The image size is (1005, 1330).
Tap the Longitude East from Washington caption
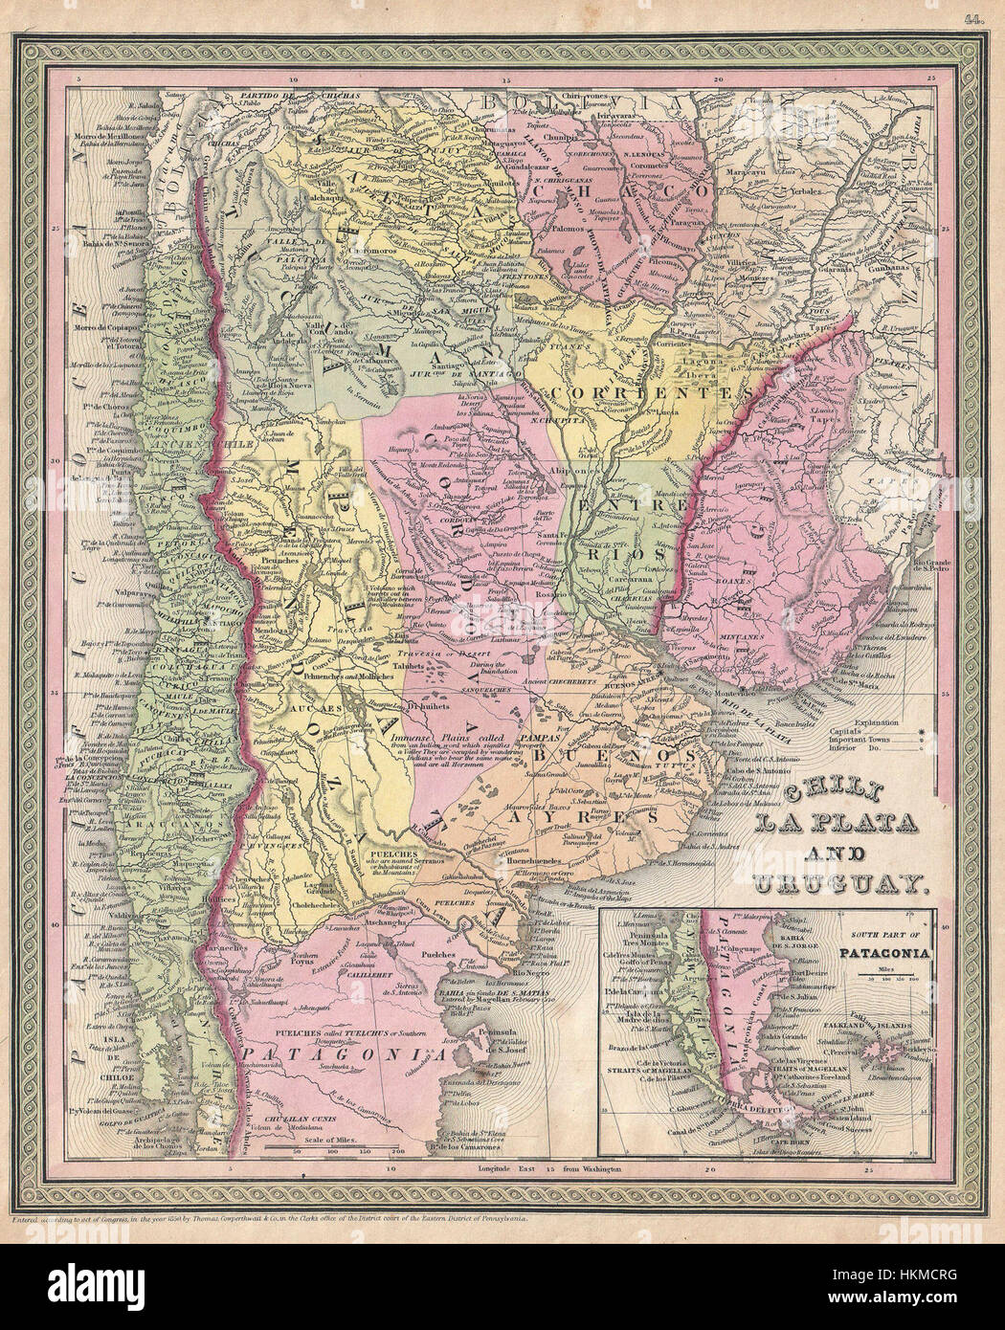pos(552,1168)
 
